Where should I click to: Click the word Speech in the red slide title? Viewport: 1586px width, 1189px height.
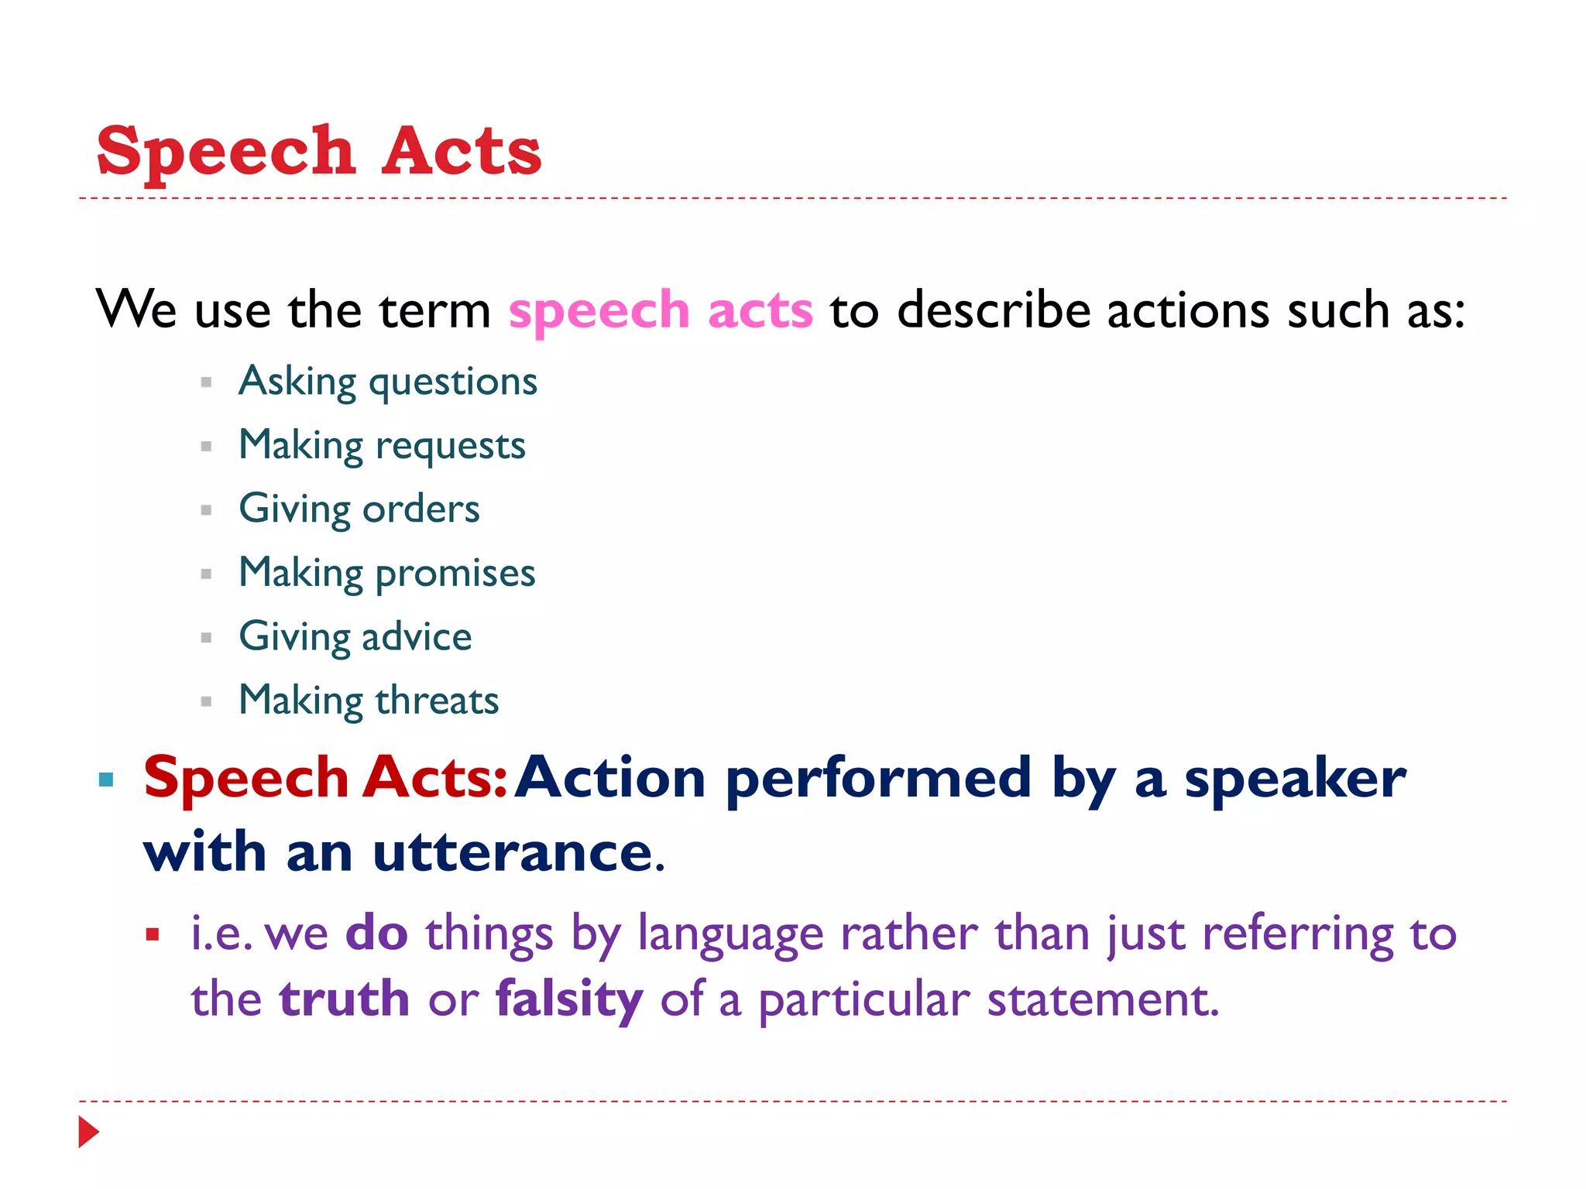(x=225, y=152)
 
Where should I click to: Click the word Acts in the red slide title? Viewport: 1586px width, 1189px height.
(x=462, y=152)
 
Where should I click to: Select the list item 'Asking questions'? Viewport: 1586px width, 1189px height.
(x=388, y=382)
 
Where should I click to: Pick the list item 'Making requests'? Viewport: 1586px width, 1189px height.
(x=382, y=446)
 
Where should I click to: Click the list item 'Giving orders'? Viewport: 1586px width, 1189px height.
(x=359, y=509)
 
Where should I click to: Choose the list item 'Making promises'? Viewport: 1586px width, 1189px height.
(x=387, y=574)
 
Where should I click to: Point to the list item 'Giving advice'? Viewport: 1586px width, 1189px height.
(x=355, y=637)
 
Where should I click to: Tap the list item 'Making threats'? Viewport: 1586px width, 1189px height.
(x=369, y=701)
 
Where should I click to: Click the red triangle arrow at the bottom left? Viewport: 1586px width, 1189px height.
(x=88, y=1132)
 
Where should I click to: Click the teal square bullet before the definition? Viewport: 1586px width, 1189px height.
(x=106, y=780)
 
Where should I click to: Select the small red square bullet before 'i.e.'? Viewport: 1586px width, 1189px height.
(x=153, y=935)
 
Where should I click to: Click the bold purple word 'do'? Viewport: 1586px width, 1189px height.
(x=376, y=933)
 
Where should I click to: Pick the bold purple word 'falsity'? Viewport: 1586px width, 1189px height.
(x=569, y=1000)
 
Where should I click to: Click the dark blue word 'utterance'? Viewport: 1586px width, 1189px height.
(x=513, y=852)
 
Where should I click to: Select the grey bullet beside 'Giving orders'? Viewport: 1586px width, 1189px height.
(x=206, y=510)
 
